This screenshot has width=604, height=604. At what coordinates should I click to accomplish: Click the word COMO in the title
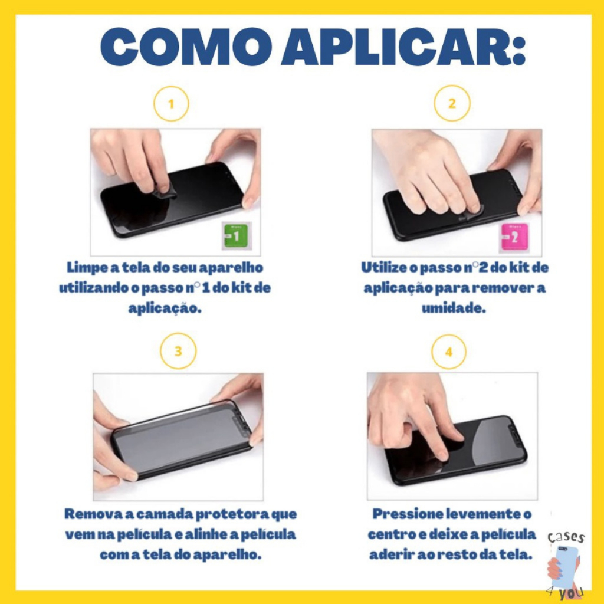coord(186,47)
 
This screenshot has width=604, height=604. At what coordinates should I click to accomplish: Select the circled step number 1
coord(171,104)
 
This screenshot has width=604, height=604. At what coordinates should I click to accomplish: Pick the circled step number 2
coord(452,103)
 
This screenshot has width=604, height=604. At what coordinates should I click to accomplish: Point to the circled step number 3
coord(178,351)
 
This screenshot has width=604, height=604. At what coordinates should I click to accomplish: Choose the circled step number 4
coord(449,352)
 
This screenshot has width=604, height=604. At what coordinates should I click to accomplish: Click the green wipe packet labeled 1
coord(236,236)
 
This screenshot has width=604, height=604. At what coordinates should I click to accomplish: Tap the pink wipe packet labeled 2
coord(514,237)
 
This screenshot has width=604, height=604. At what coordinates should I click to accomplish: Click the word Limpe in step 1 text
coord(87,268)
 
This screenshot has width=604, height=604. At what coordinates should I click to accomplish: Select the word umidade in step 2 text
coord(454,308)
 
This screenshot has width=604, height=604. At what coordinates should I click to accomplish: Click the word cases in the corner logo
coord(566,537)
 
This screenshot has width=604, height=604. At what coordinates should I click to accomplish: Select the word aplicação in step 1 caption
coord(165,308)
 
